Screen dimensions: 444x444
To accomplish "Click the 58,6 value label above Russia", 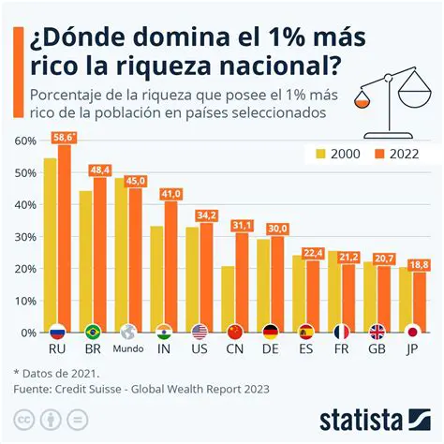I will (x=64, y=137).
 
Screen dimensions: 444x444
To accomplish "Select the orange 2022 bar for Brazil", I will (x=100, y=253).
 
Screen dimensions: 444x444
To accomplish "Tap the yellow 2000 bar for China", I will (x=228, y=298).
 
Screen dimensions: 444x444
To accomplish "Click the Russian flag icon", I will (x=57, y=332).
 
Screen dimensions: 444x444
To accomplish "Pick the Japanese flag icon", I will (x=410, y=332).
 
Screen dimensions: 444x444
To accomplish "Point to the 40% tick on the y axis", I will (x=24, y=204).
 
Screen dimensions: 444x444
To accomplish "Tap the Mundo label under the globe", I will (x=127, y=351).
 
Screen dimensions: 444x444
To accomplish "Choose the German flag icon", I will (x=270, y=332).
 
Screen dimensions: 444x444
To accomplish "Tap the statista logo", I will (x=375, y=417).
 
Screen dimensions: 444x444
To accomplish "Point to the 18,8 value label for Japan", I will (x=418, y=264).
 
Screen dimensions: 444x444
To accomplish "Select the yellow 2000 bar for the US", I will (x=192, y=278).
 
